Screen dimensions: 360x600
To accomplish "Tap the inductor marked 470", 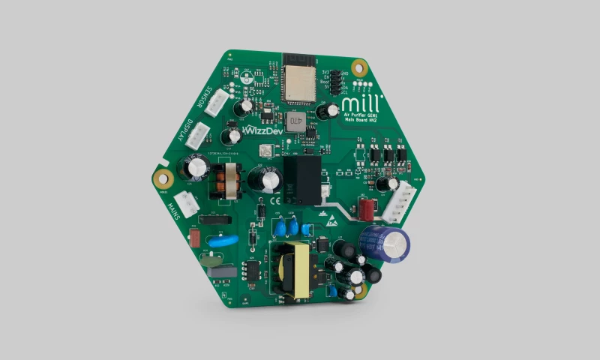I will pos(295,120).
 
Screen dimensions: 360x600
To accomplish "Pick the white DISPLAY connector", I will pos(197,135).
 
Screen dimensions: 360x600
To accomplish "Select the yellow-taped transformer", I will pos(293,269).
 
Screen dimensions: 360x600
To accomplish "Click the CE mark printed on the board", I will pos(275,200).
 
